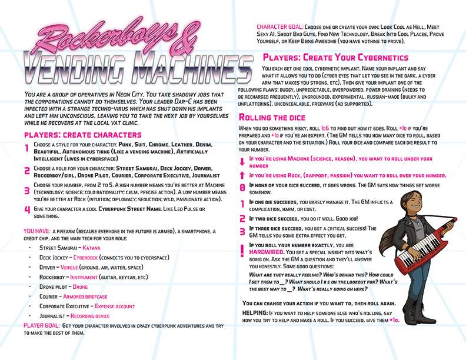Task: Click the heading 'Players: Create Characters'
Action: pos(79,135)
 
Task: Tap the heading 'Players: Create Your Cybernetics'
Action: pos(335,58)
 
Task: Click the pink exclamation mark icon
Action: pos(242,250)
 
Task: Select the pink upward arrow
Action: pos(242,175)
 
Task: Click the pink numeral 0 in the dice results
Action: pos(242,188)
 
